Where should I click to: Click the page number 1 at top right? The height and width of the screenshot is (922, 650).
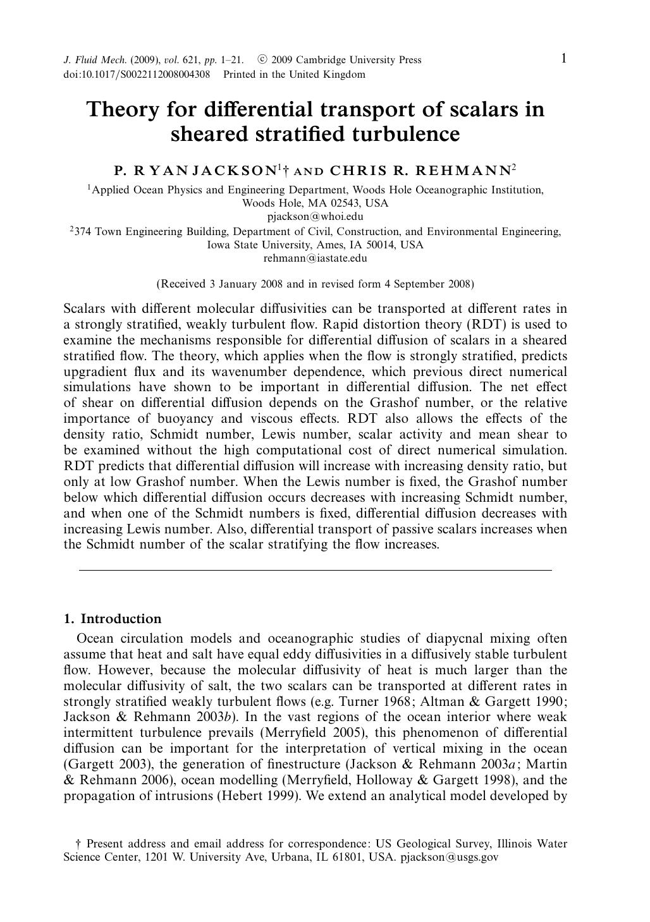[x=563, y=59]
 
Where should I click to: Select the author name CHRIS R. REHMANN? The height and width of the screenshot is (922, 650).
[x=421, y=170]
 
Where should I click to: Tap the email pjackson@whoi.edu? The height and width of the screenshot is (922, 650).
[x=315, y=217]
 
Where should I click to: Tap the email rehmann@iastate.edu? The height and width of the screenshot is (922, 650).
[x=315, y=258]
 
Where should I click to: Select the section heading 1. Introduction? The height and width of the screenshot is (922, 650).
[x=113, y=619]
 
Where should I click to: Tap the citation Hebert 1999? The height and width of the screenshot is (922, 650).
[x=257, y=796]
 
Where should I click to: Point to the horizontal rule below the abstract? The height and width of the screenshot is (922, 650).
[x=315, y=571]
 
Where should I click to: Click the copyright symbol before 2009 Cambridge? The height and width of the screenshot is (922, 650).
[x=262, y=60]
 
